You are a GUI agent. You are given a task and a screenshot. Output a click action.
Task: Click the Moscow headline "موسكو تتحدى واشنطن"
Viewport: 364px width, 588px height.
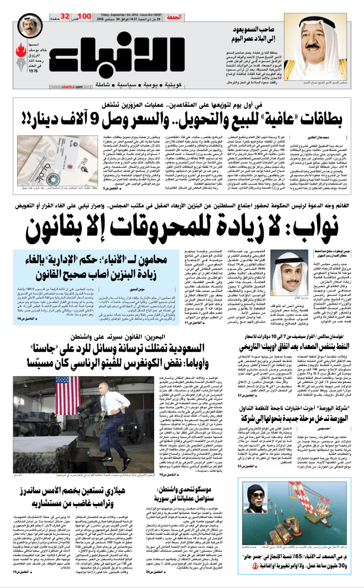tap(200, 509)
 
